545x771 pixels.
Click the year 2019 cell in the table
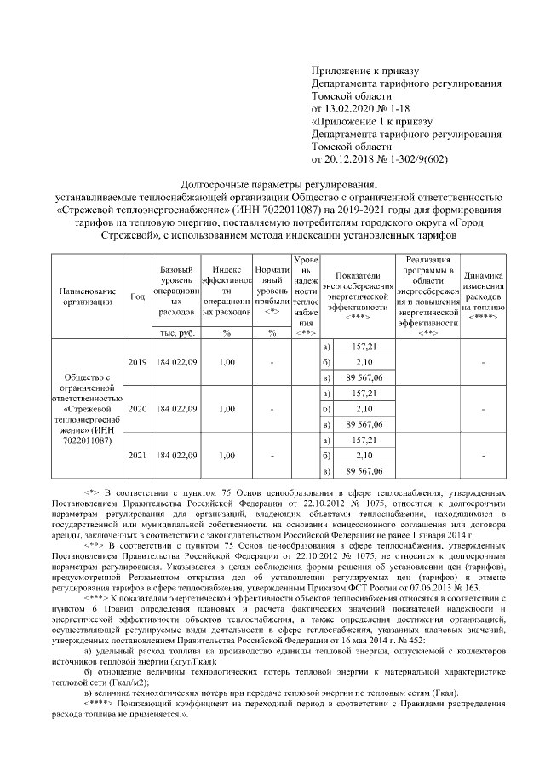tap(137, 362)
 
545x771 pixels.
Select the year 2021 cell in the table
tap(137, 455)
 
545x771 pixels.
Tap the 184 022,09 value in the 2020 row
tap(177, 409)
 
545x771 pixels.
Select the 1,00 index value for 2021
tap(227, 455)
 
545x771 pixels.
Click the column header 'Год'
tap(137, 296)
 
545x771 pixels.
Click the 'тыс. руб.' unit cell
tap(177, 332)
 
